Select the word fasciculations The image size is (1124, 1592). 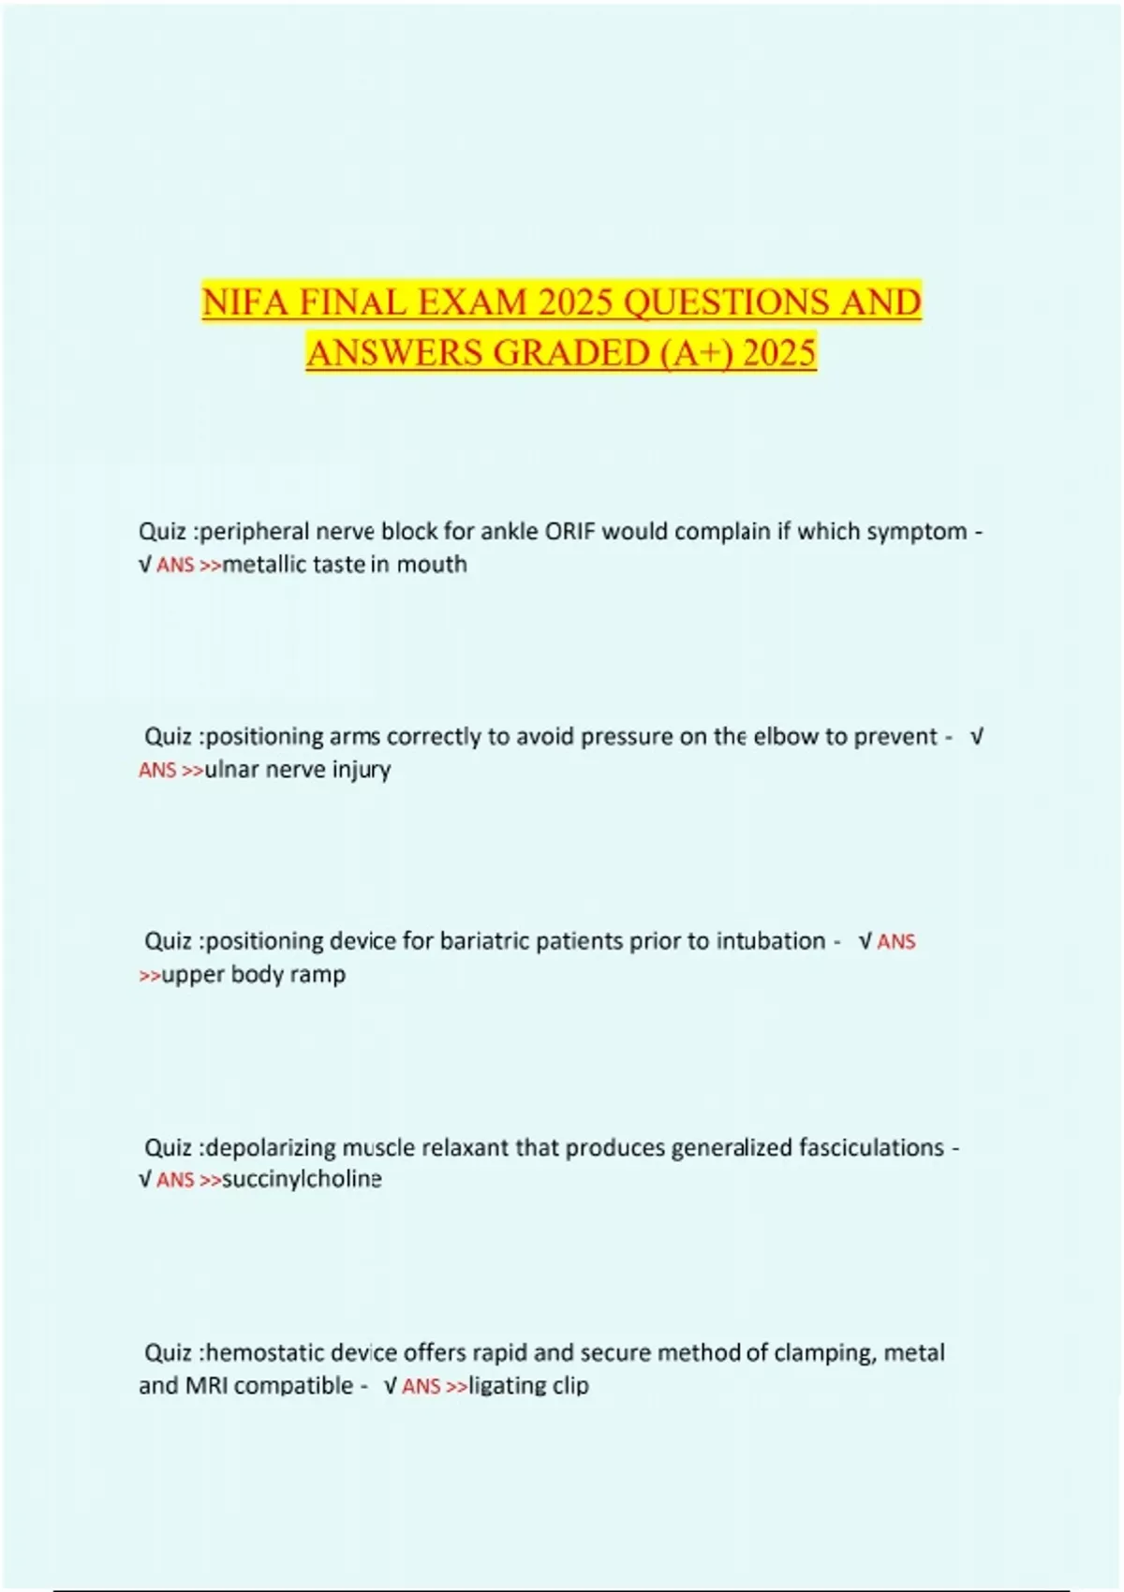[871, 1148]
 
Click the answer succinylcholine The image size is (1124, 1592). [302, 1179]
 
